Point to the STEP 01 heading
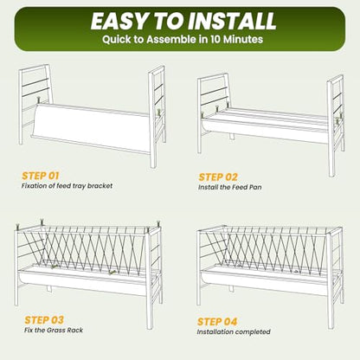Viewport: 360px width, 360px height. point(41,176)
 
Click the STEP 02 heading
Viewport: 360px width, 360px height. point(218,177)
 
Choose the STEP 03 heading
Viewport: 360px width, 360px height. point(44,320)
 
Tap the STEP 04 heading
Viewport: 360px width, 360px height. point(217,322)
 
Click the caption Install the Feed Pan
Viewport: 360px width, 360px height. point(230,187)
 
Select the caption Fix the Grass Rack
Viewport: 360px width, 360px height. point(54,330)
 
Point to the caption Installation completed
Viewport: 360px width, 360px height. point(234,331)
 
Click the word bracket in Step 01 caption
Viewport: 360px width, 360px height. point(100,186)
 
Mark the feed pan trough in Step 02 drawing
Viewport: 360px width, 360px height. point(265,127)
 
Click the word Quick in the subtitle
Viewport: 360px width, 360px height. point(114,39)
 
